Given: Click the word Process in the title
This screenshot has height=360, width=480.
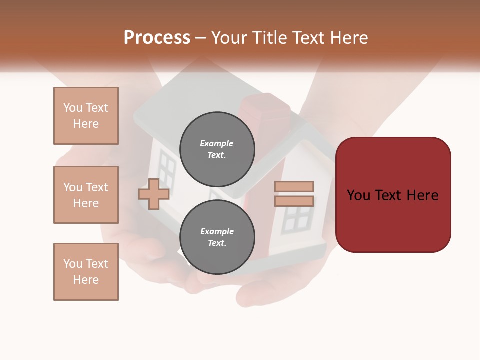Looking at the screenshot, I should coord(157,38).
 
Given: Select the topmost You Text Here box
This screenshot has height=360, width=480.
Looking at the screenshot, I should coord(86,116).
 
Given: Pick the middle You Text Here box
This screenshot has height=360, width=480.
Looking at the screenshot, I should coord(86,195).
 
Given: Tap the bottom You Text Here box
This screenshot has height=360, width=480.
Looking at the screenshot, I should coord(86,272).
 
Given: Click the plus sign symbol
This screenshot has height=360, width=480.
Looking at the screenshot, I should coord(154,194).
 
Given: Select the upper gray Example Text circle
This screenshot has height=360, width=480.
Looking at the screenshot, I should coord(217,149).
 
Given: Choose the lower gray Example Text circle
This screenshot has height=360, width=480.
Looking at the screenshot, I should coord(217,237).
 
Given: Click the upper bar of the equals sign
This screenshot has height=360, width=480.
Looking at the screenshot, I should coord(294,186).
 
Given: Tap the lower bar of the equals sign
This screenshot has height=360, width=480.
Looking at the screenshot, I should coord(294,201).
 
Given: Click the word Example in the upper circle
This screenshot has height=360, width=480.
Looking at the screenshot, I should coord(217,143).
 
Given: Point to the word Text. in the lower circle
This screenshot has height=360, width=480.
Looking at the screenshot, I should coord(217,243).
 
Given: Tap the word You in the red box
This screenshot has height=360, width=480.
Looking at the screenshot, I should coord(359,195).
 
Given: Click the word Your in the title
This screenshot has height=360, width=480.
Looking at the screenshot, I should coord(230,38).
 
